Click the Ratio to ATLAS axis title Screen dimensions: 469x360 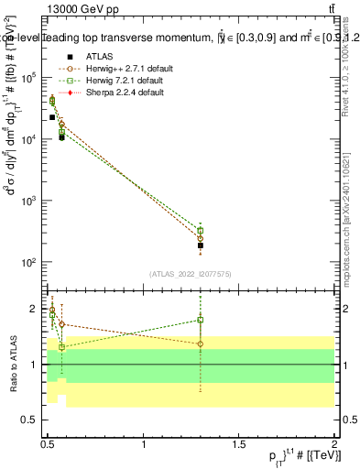coord(12,365)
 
